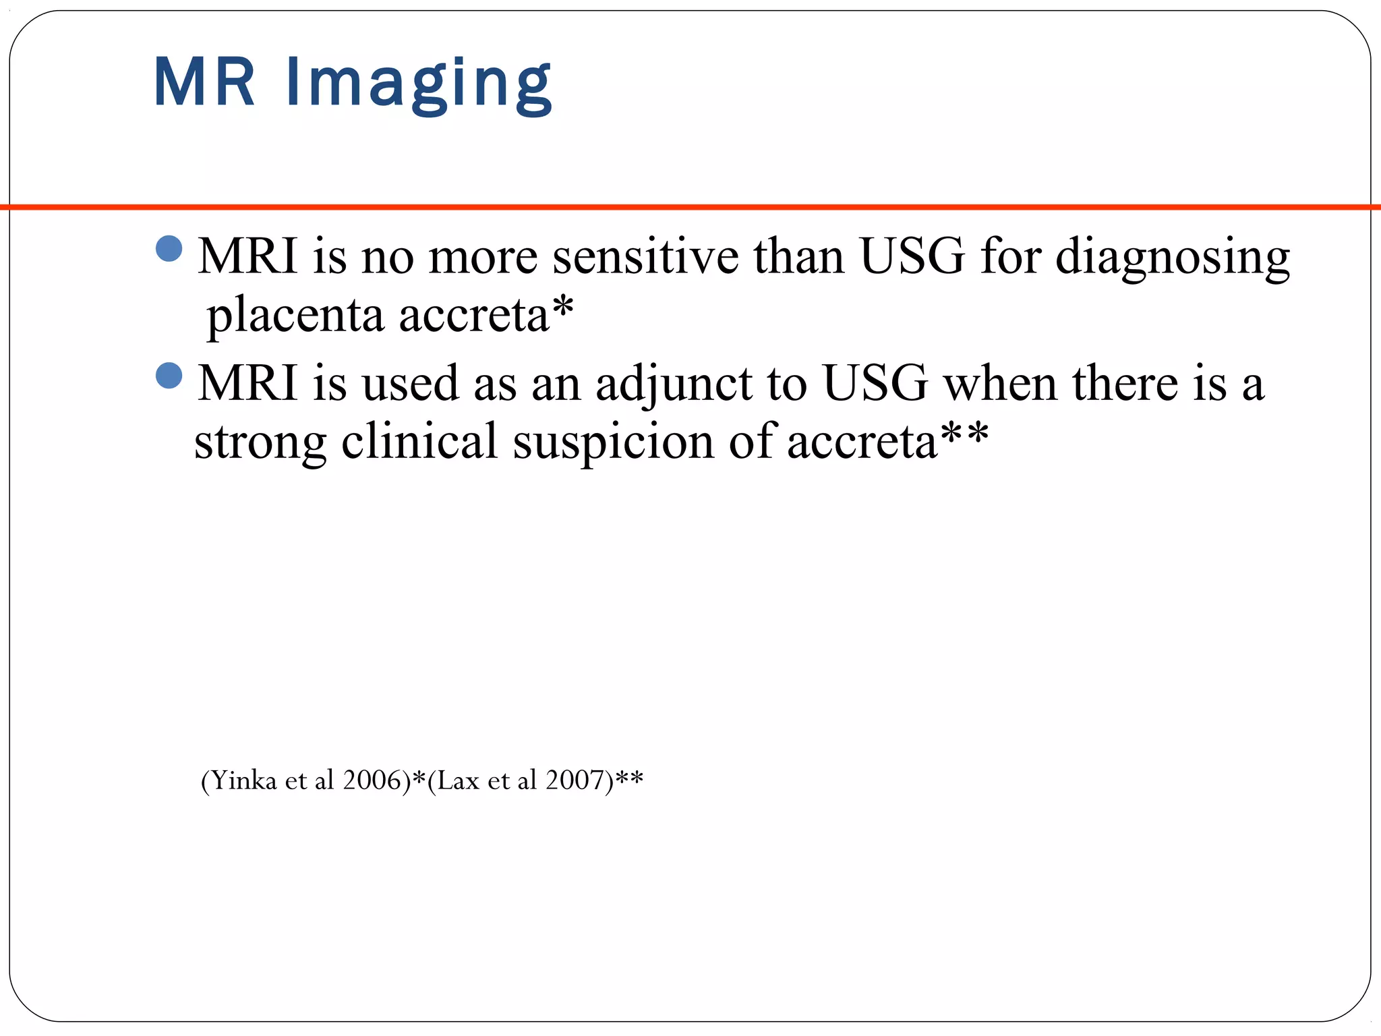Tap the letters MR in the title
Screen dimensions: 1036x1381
click(205, 82)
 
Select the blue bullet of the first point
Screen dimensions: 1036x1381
click(169, 249)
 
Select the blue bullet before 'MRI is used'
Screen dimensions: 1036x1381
click(169, 376)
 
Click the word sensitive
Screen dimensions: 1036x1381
click(645, 257)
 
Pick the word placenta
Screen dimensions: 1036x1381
click(295, 315)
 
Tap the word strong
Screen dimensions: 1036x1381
click(260, 442)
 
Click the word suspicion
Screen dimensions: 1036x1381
click(613, 442)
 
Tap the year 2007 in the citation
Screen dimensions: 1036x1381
click(575, 780)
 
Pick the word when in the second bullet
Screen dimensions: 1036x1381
click(1000, 384)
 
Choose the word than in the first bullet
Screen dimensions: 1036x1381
click(799, 257)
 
